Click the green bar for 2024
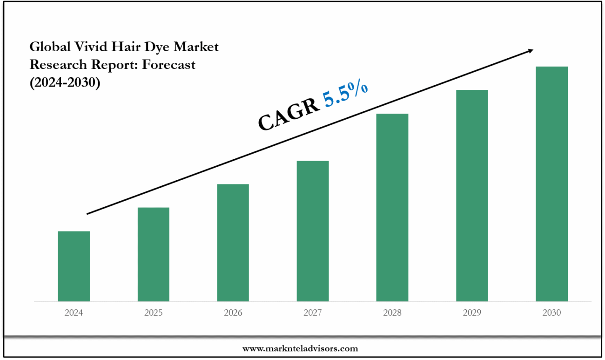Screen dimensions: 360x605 (x=74, y=266)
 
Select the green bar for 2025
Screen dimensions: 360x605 (x=153, y=254)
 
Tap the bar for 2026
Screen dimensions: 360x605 (x=233, y=243)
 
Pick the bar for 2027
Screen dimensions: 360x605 (x=313, y=231)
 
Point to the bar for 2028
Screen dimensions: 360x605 (x=392, y=207)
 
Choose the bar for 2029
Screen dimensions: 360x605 (x=472, y=196)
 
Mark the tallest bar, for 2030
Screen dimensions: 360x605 (x=551, y=184)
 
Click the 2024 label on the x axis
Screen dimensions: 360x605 (x=74, y=313)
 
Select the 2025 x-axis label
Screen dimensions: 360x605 (x=153, y=313)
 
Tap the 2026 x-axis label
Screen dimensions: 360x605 (x=233, y=313)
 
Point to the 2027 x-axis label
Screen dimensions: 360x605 (x=313, y=313)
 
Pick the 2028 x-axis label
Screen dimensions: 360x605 (x=392, y=313)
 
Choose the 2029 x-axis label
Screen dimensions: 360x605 (x=472, y=313)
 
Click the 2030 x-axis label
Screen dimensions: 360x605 (x=551, y=313)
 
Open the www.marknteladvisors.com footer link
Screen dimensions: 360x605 (x=300, y=348)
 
